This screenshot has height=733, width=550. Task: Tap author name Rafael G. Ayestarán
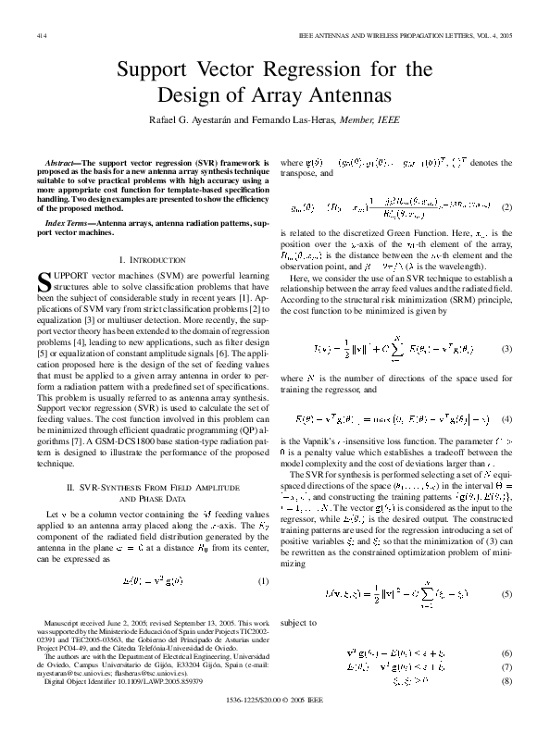196,119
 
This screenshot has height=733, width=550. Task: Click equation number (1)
263,582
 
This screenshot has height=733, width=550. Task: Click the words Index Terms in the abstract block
66,225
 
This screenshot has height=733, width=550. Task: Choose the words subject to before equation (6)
300,624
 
